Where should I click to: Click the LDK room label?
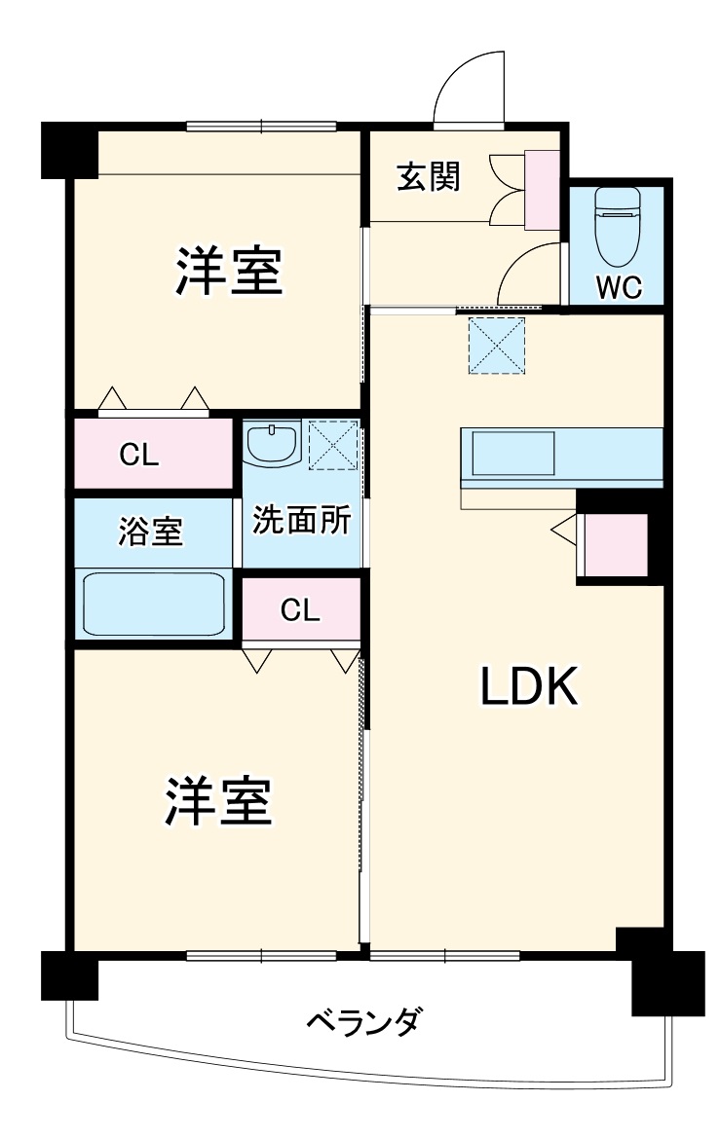point(529,688)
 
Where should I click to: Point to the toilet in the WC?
point(615,223)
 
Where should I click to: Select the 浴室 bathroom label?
point(151,532)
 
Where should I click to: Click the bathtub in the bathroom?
point(154,603)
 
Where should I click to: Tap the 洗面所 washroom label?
point(301,520)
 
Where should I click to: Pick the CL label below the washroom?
point(299,610)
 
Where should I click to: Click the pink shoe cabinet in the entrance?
point(542,190)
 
